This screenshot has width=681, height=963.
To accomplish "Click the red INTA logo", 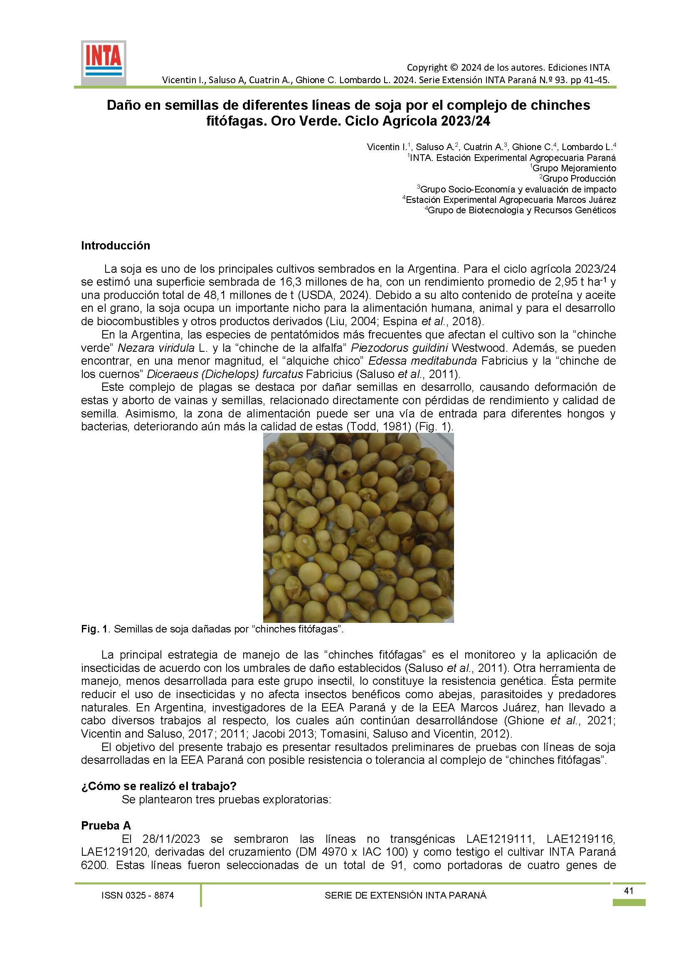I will tap(103, 63).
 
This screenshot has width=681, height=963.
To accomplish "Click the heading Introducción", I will tap(115, 246).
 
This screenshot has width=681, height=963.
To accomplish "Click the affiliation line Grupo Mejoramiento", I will tap(574, 168).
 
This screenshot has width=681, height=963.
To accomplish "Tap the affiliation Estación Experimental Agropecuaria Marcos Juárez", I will tap(511, 200).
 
